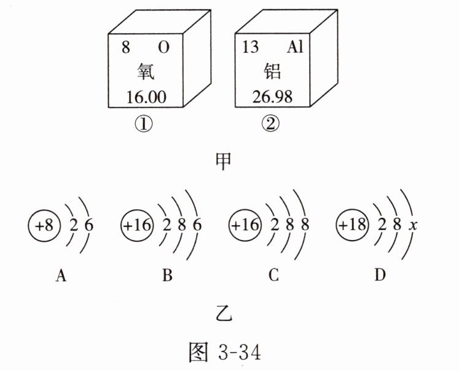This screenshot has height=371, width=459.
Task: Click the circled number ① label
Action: click(143, 125)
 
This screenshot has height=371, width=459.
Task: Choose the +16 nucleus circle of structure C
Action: click(245, 226)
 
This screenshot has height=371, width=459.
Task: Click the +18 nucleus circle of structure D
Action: click(351, 226)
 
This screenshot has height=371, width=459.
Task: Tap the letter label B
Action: click(167, 276)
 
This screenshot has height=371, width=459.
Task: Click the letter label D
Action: click(380, 276)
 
